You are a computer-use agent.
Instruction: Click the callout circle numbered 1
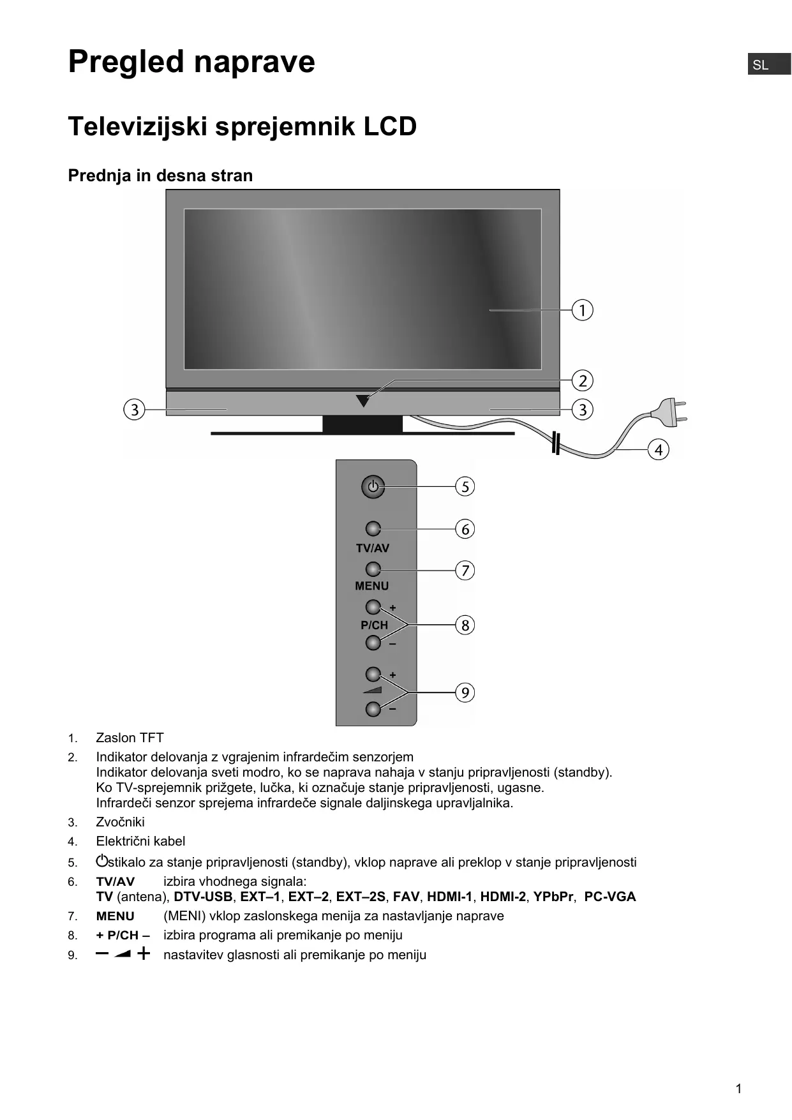click(582, 310)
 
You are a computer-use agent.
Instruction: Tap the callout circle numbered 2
click(582, 381)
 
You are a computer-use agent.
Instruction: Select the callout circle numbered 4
click(659, 450)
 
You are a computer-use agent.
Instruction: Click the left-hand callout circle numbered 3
click(134, 409)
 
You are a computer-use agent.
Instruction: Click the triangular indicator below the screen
click(363, 401)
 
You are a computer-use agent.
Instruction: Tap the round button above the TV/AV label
click(373, 529)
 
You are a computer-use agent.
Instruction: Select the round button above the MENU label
click(373, 569)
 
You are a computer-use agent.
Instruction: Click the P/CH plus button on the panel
click(373, 607)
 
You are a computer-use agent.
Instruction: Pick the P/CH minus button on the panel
click(373, 643)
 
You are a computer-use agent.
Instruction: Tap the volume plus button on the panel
click(373, 674)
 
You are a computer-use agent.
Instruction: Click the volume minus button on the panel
click(373, 708)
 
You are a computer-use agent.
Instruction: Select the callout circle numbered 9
click(465, 692)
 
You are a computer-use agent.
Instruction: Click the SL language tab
click(768, 64)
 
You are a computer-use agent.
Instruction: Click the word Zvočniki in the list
click(120, 822)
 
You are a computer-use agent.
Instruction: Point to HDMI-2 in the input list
click(503, 897)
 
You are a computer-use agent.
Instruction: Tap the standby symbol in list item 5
click(101, 861)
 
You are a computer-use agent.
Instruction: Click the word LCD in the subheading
click(390, 126)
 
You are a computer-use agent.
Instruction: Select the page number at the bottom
click(738, 1089)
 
